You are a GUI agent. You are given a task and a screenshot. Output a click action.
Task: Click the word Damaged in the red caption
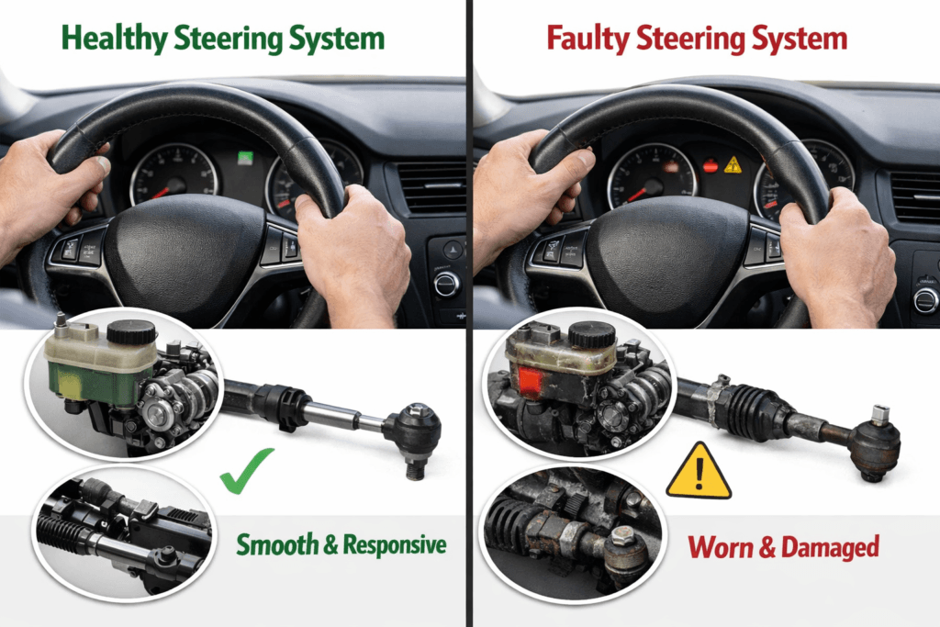point(830,548)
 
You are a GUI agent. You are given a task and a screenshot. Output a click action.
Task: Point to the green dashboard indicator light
point(245,157)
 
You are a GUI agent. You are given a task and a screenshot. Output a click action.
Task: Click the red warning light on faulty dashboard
point(710,166)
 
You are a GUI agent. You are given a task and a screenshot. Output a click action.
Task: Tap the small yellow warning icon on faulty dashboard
point(733,165)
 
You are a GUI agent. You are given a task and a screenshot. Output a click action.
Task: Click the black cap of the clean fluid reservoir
point(131,331)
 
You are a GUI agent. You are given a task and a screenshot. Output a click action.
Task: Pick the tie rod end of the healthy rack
point(413,430)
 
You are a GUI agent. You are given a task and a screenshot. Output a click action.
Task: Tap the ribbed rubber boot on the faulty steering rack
point(754,409)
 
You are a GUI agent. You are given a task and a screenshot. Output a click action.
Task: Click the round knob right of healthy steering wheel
point(447,282)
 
